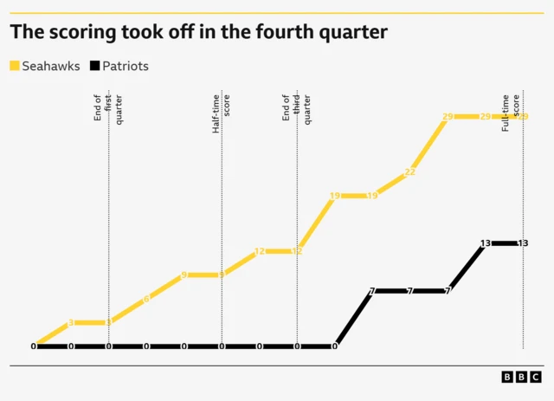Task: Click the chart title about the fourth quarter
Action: [x=198, y=33]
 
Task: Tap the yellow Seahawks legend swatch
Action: [x=16, y=66]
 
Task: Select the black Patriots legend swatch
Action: [x=94, y=66]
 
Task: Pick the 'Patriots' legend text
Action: [x=126, y=66]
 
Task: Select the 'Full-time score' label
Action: [x=512, y=111]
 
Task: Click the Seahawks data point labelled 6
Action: [x=146, y=299]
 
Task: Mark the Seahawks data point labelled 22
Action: [x=410, y=172]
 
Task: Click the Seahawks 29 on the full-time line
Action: [x=523, y=117]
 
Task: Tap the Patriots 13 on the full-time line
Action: [x=523, y=243]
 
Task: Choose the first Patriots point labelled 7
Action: [x=372, y=291]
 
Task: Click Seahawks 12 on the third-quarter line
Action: [x=297, y=251]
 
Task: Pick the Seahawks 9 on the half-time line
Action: [x=222, y=275]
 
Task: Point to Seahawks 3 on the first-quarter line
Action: [x=108, y=322]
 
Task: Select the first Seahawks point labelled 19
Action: [x=335, y=196]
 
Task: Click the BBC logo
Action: [x=521, y=377]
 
